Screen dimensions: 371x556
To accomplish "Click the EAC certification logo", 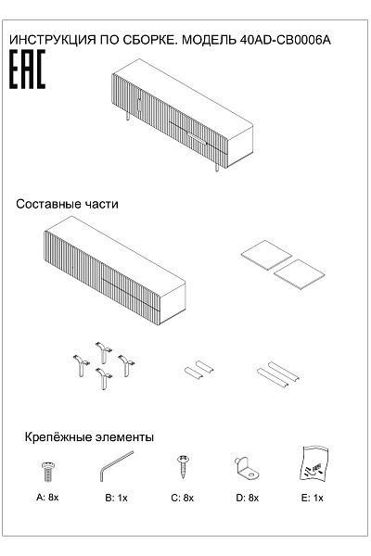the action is (x=27, y=69).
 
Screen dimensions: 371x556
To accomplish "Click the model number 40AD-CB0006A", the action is (x=286, y=40).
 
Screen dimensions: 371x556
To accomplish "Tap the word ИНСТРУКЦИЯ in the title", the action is (x=53, y=40).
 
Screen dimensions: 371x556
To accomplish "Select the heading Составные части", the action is (x=67, y=204).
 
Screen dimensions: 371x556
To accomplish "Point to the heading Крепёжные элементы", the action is (x=89, y=436).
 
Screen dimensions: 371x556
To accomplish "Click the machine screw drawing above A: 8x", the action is (x=48, y=472).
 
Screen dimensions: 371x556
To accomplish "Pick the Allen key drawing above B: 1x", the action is (x=116, y=466).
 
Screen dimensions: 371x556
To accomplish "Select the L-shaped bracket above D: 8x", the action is (x=247, y=468).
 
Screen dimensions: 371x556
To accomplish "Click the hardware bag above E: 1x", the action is (x=313, y=464).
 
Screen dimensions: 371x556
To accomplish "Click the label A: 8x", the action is (x=47, y=497).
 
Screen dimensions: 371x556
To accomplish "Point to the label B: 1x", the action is (x=116, y=498).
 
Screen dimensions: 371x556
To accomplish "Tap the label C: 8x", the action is (x=183, y=498).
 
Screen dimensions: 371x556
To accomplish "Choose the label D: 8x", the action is (x=248, y=498).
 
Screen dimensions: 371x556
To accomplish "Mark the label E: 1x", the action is (x=313, y=498).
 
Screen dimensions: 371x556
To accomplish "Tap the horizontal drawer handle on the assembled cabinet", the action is (x=197, y=138).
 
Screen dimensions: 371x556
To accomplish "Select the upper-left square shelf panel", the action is (x=266, y=255).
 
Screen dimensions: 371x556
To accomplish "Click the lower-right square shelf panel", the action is (x=300, y=274).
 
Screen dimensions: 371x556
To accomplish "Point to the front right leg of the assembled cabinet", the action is (x=216, y=168).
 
